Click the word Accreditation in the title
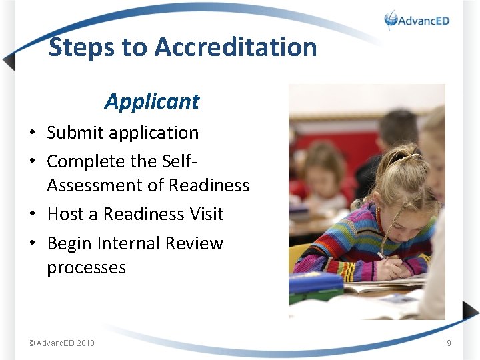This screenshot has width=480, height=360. click(x=235, y=47)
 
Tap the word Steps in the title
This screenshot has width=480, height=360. click(x=81, y=47)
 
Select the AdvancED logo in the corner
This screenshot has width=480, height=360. click(x=417, y=20)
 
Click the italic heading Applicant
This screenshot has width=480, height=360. click(x=152, y=101)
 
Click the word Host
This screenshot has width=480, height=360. click(x=65, y=214)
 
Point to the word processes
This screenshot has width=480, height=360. click(x=87, y=268)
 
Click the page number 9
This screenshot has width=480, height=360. click(x=449, y=343)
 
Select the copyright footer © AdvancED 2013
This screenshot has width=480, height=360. click(x=61, y=343)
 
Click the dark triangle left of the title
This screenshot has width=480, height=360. click(x=9, y=61)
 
